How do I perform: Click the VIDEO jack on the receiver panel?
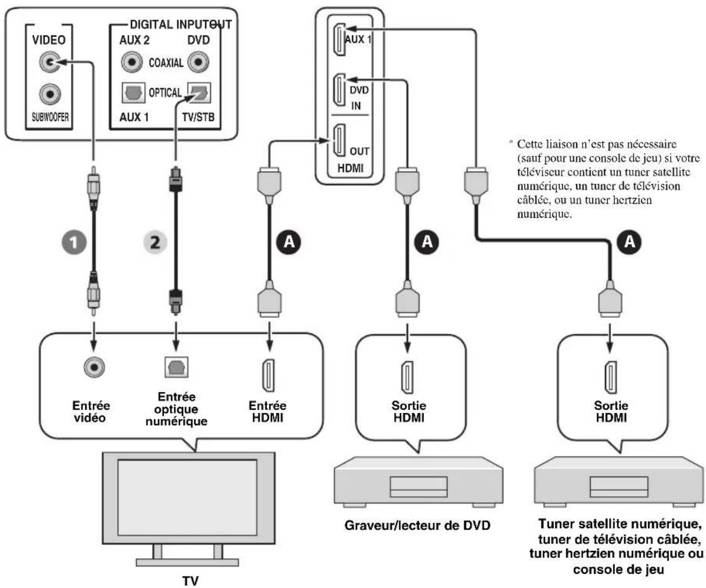coord(50,62)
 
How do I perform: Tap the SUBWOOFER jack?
coord(50,94)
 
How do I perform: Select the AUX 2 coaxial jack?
coord(132,62)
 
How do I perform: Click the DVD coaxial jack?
coord(198,62)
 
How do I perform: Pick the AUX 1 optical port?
coord(133,93)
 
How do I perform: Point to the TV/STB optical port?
coord(199,92)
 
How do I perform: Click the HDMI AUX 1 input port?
coord(339,39)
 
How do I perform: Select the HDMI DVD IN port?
coord(339,90)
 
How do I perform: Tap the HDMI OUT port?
coord(339,140)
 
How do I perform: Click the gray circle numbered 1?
coord(74,242)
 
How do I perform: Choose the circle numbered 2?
coord(155,242)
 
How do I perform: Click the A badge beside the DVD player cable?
coord(427,242)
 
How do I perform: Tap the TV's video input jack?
coord(94,367)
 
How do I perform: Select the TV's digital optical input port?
coord(176,367)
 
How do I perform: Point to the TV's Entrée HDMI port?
coord(268,376)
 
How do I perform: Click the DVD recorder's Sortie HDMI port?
coord(407,378)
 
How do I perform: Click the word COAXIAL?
coord(166,63)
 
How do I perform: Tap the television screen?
coord(187,498)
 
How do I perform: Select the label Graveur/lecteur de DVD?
coord(417,525)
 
